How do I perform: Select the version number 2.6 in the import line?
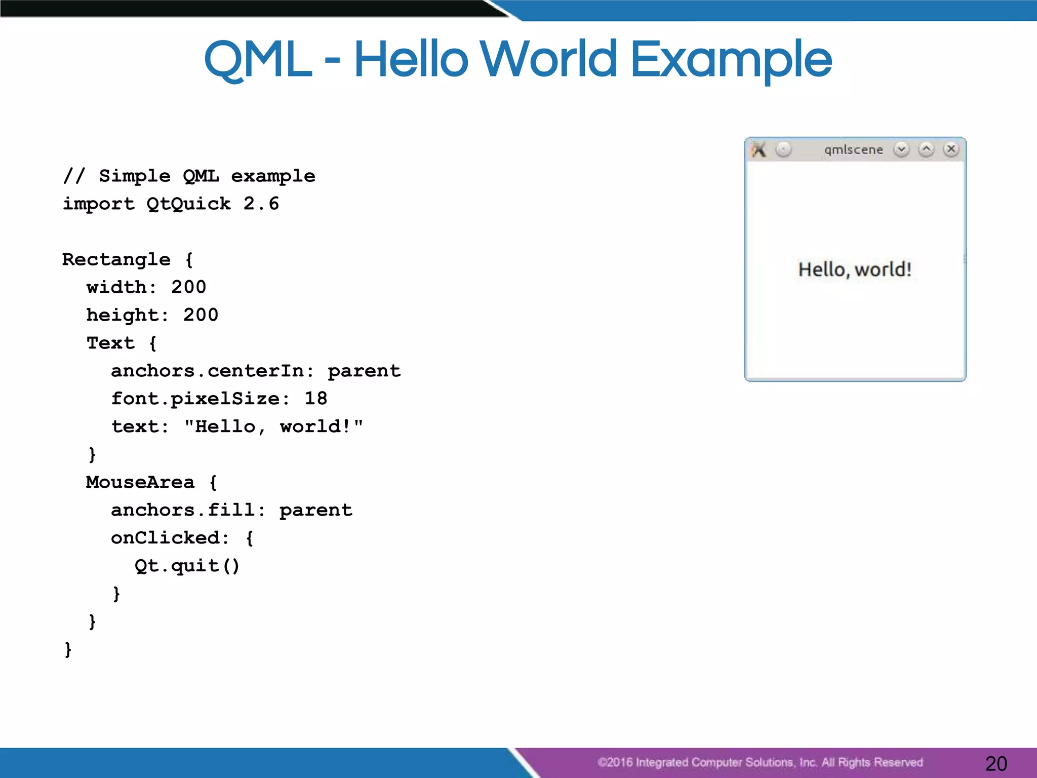[261, 204]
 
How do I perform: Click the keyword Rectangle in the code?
[116, 259]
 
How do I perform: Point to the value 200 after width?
[188, 287]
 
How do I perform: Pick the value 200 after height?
[201, 315]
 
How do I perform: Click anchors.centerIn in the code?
[208, 371]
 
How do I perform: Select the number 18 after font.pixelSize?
[315, 399]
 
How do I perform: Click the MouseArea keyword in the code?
[140, 482]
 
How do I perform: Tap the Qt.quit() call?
[187, 566]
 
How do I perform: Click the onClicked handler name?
[166, 538]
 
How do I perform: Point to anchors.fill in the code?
[183, 510]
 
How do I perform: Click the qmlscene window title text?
[853, 150]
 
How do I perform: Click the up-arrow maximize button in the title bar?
[926, 149]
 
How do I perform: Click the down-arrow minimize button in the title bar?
[901, 149]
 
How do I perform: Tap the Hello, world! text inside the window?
[855, 269]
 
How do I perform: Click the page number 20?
[996, 763]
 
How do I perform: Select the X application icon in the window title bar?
[759, 149]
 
